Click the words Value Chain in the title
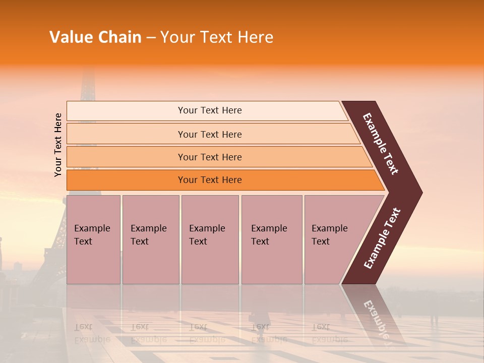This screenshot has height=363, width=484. (95, 37)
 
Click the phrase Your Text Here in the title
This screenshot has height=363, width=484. (217, 37)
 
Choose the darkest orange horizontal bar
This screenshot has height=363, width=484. (126, 180)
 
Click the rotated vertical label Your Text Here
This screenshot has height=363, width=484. (58, 145)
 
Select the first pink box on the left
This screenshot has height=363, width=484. (93, 239)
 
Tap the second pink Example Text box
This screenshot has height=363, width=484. (150, 239)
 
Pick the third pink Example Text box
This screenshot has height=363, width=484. (210, 239)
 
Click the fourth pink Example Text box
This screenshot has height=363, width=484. (271, 239)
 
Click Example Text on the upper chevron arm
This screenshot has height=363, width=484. (381, 144)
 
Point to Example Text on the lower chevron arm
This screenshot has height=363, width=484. (382, 238)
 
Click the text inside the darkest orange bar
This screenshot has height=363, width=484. (210, 180)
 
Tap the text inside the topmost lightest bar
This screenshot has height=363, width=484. (210, 110)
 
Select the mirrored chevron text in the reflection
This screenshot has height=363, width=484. (376, 318)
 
